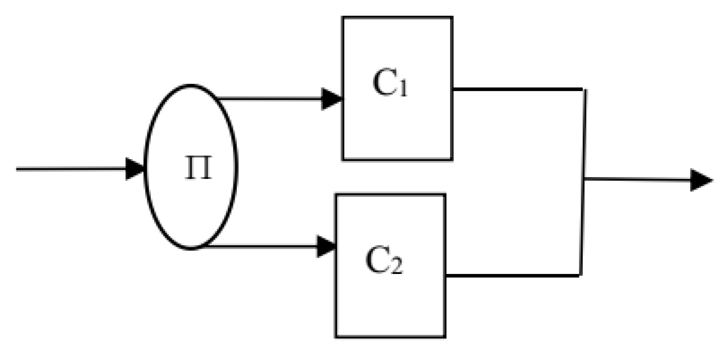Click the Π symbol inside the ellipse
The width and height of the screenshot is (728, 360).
click(199, 169)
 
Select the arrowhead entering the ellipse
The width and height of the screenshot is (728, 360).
click(136, 169)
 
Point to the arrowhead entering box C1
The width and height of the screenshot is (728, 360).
click(332, 99)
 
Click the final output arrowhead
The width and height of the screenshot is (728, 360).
click(702, 180)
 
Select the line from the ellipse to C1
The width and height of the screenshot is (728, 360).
click(270, 99)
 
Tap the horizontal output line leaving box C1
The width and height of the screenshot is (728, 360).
click(518, 89)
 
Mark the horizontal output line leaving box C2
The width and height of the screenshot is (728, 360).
click(512, 275)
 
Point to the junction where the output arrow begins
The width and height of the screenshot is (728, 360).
click(585, 179)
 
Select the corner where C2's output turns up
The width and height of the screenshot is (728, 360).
click(581, 275)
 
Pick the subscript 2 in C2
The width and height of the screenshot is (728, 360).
click(397, 268)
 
